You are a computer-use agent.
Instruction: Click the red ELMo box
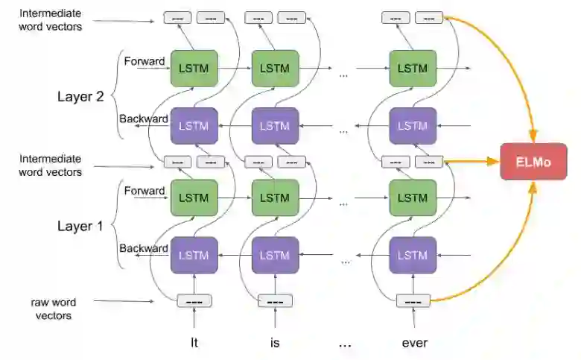pos(533,161)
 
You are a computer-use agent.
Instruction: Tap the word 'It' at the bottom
pos(194,344)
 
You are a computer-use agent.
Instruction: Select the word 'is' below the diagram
pos(274,344)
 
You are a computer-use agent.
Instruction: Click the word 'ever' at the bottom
pos(413,344)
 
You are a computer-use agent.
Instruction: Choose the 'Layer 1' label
pos(86,226)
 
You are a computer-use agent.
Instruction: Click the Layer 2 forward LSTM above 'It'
pos(194,69)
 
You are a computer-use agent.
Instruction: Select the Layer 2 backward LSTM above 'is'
pos(275,125)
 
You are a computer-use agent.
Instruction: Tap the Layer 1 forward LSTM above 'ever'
pos(413,198)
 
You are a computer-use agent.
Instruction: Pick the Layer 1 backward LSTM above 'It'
pos(194,255)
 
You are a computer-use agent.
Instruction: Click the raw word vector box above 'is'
pos(275,301)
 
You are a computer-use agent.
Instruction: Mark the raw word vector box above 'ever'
pos(413,301)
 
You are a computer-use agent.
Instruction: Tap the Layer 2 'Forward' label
pos(144,61)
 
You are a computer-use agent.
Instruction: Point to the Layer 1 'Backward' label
pos(144,248)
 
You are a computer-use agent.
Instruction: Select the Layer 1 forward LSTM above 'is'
pos(275,198)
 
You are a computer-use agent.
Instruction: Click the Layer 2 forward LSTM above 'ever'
pos(413,69)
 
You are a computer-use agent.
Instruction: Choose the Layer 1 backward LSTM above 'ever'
pos(413,255)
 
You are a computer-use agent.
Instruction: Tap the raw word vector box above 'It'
pos(194,301)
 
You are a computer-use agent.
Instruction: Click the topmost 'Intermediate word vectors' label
pos(51,20)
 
